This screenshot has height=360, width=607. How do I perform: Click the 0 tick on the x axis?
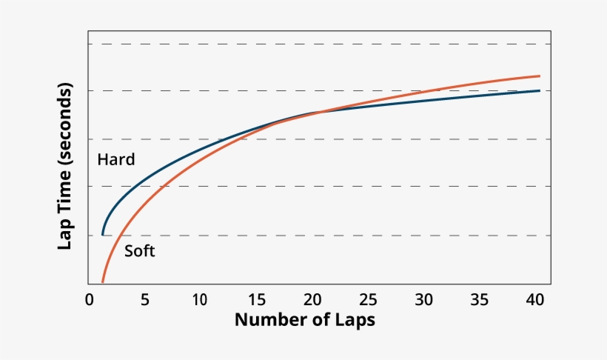[x=90, y=300]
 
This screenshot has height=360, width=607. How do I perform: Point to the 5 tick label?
[x=144, y=300]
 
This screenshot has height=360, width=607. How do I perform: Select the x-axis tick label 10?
[x=199, y=300]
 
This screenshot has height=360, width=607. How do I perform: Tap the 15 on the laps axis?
[x=256, y=300]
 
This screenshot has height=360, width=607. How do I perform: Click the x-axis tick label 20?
[x=312, y=300]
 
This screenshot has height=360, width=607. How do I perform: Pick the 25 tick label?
[x=368, y=300]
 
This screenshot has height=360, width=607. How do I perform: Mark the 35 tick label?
[x=480, y=300]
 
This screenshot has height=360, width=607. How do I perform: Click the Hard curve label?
[x=115, y=160]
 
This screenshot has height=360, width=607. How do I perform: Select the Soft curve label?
[x=139, y=251]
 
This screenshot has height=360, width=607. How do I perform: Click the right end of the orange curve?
[x=539, y=76]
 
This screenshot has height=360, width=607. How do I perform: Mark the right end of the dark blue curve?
[x=539, y=90]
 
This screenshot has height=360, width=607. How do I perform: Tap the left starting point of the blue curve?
[x=102, y=234]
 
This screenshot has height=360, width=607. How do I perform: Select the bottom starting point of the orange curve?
[x=102, y=282]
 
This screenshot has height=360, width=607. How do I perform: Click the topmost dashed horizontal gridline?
[x=318, y=44]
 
